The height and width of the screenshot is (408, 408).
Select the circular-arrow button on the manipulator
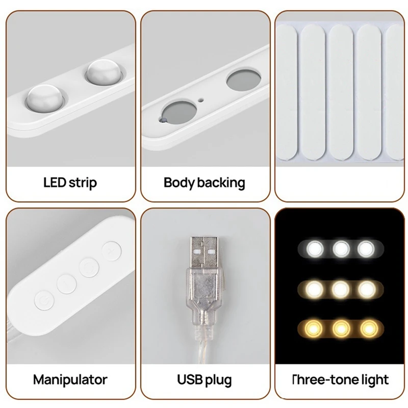coord(89,265)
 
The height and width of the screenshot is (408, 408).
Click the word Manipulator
coord(70,379)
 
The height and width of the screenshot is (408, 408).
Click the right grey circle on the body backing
coord(242,80)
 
